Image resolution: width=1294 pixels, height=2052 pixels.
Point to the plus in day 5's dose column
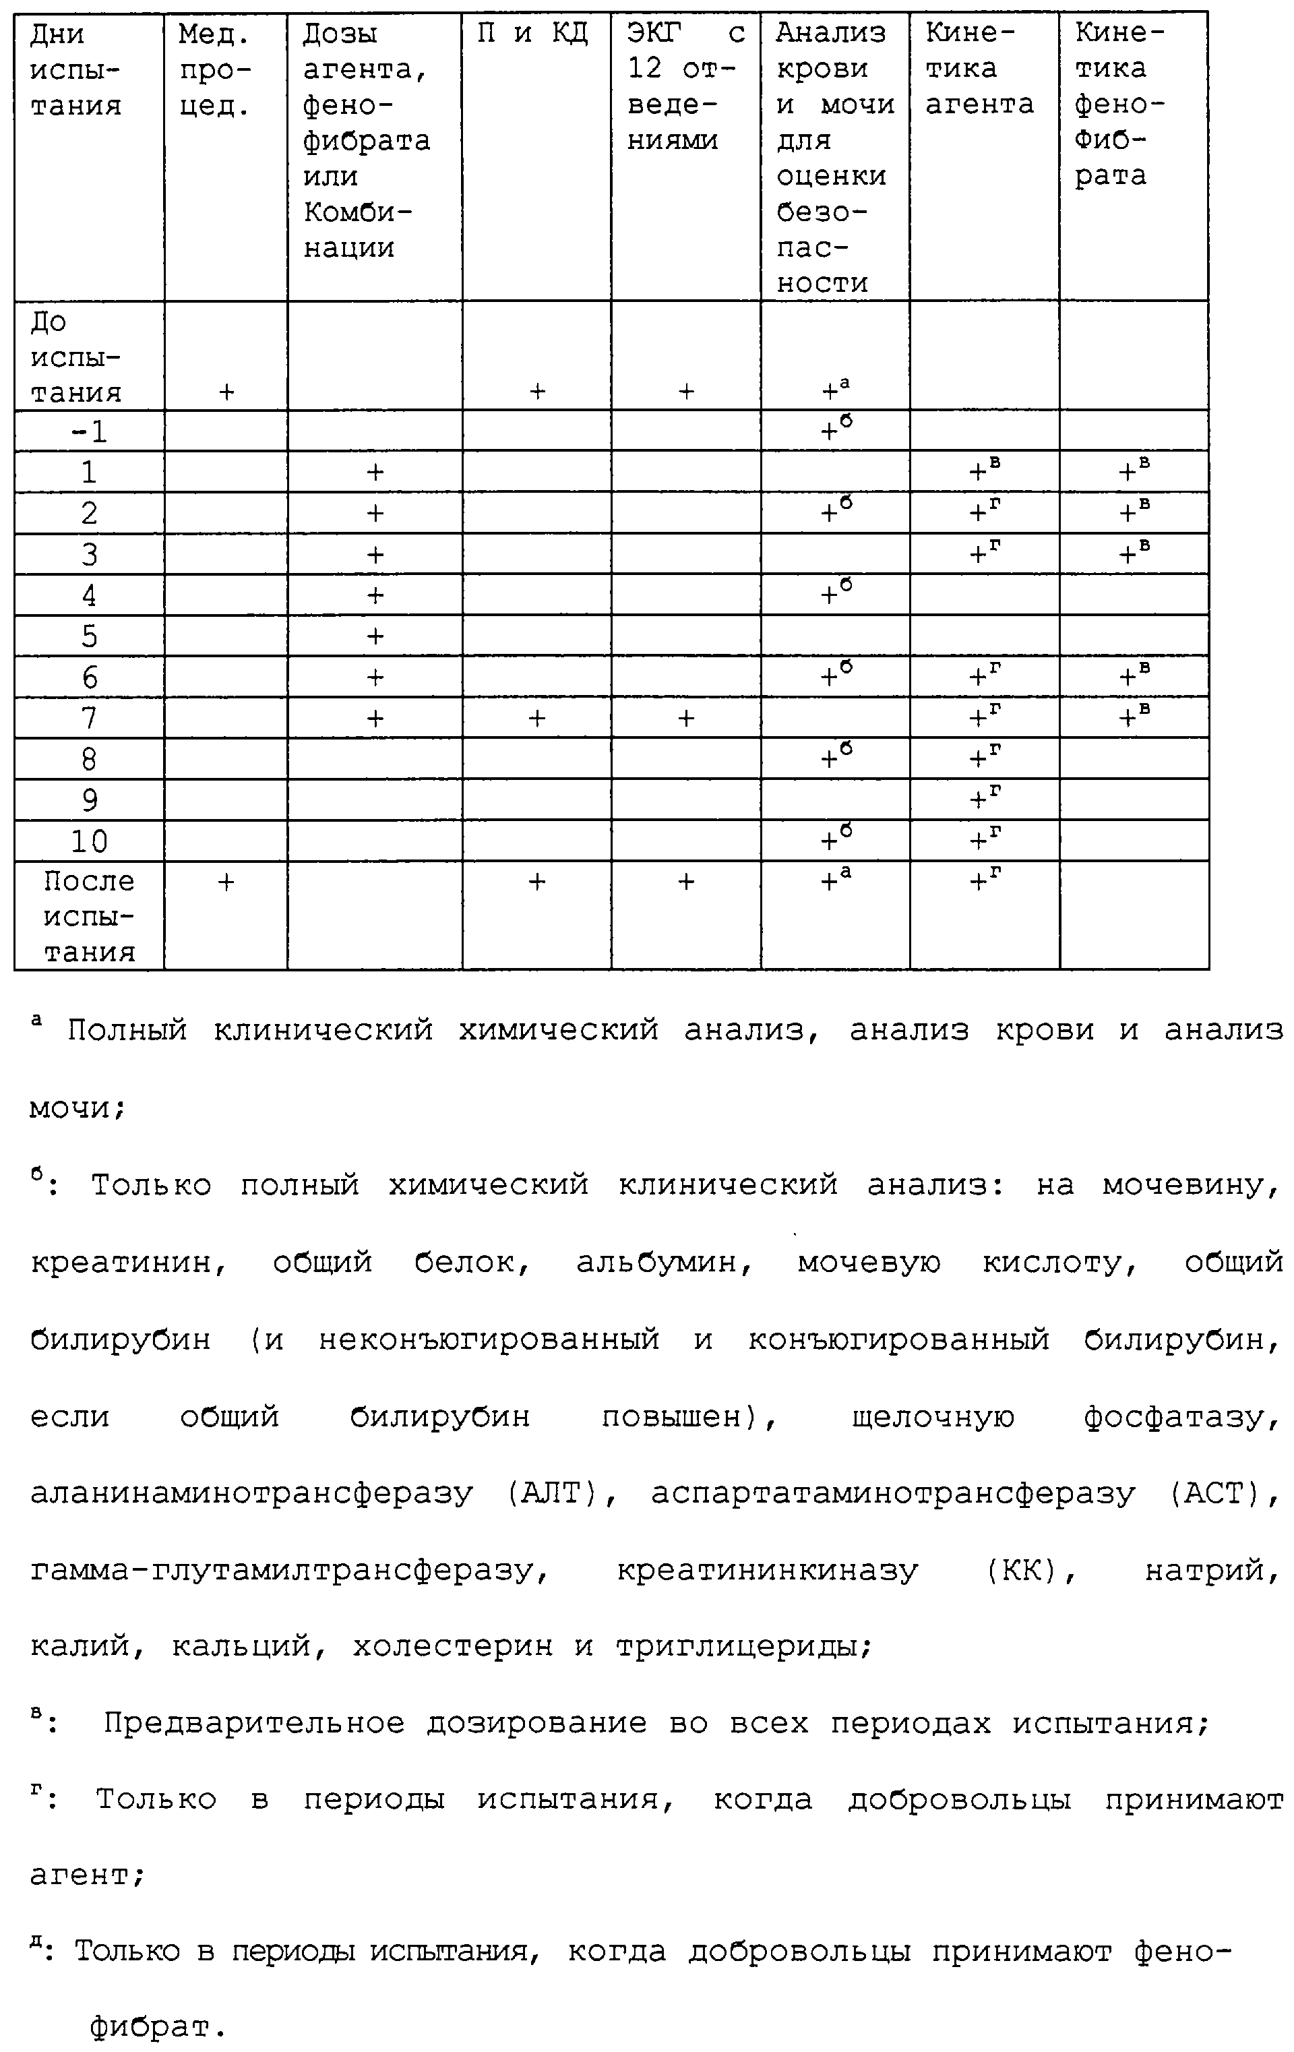375,636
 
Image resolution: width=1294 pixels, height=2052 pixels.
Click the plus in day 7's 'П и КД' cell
536,719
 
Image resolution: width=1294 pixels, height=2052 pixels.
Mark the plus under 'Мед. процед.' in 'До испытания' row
226,392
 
